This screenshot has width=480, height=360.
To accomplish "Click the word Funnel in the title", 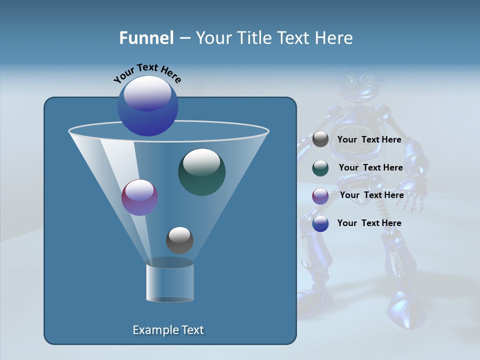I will coord(146,38).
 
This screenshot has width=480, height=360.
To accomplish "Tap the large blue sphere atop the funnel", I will coord(147,105).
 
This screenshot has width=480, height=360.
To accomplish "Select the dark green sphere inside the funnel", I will coord(201,171).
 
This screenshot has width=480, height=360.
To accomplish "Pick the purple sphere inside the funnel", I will coord(139,197).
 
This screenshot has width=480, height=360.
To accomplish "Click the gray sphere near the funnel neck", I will coord(179,240).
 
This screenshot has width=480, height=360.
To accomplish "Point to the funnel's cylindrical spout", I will coord(169,282).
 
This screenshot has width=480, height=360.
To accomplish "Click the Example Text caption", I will coord(168,330).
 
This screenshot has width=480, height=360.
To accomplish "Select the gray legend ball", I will coord(320,139).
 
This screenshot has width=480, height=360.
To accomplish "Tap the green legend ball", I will coord(320,168).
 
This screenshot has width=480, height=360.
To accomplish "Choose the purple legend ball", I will coord(320,196).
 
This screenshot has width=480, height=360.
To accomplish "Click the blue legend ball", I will coord(320,223).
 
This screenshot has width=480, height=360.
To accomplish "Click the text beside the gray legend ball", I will coord(369,140).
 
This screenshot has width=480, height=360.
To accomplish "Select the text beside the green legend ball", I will coord(370,168).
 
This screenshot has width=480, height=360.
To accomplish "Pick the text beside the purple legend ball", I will coord(371,195).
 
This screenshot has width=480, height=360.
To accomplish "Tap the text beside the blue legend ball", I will coord(369,223).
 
